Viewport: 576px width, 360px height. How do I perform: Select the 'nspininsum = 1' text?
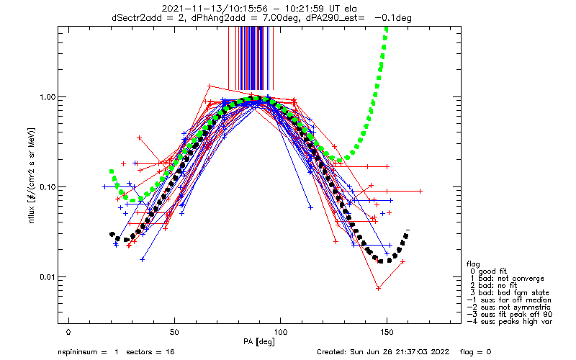[x=84, y=352]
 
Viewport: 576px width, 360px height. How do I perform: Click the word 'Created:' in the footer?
[x=333, y=352]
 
